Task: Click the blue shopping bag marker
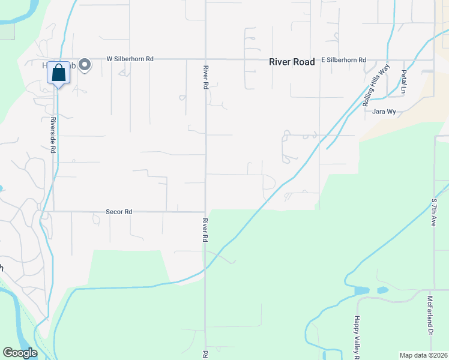coord(58,73)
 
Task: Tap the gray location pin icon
coord(85,64)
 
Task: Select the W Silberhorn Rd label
coord(130,59)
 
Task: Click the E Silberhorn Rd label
coord(343,60)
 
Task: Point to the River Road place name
coord(292,61)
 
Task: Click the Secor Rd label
coord(118,212)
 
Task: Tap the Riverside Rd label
coord(53,135)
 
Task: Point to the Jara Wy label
coord(384,112)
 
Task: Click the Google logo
coord(20,353)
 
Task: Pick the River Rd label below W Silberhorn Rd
coord(205,77)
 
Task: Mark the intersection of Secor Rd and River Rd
coord(205,212)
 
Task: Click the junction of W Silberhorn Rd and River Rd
coord(205,59)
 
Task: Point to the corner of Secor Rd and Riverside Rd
coord(53,211)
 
